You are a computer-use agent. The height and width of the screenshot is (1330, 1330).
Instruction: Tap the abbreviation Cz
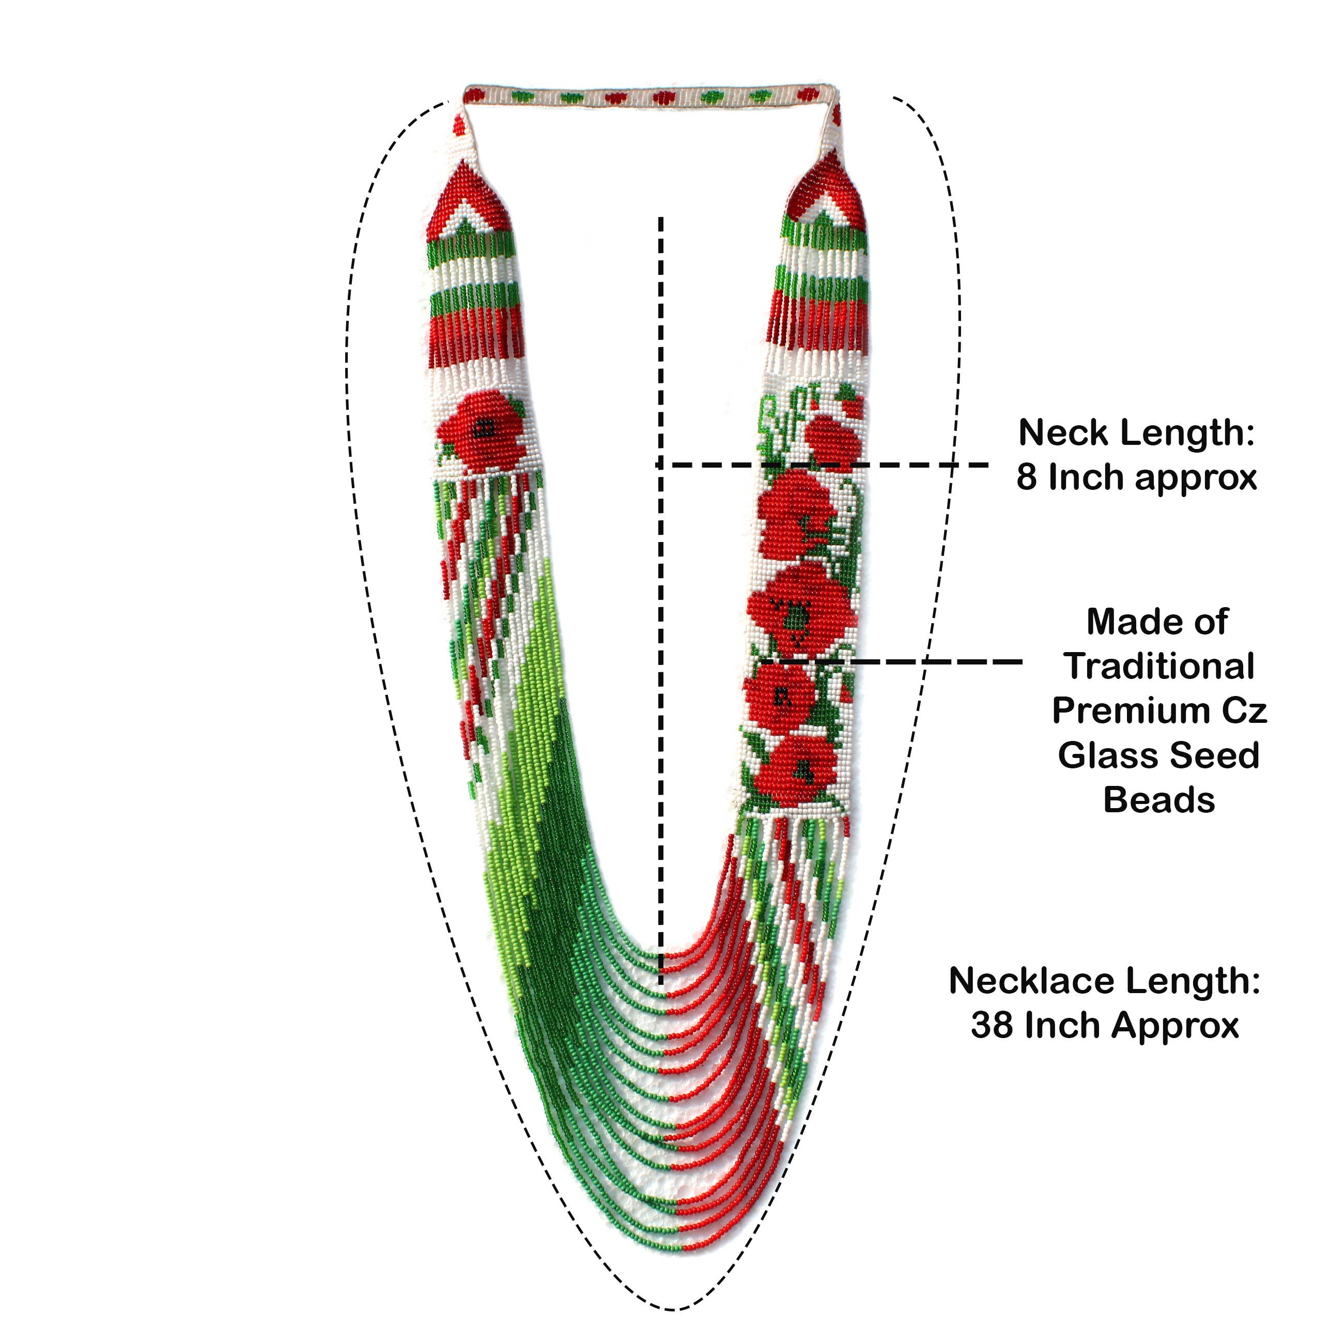[1245, 710]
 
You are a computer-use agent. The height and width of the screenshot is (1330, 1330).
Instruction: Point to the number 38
[993, 1026]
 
